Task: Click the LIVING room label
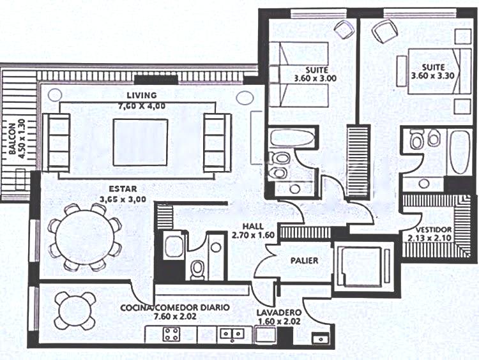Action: (x=142, y=95)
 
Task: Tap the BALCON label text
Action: (x=12, y=139)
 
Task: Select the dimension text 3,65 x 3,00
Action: (x=123, y=199)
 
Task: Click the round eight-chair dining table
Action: (x=86, y=237)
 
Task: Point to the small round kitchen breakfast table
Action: (x=75, y=311)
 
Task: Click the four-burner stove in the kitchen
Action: (x=171, y=334)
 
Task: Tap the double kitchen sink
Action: (x=232, y=333)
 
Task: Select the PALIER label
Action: (x=304, y=260)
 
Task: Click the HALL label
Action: (x=253, y=226)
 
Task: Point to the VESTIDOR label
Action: (x=434, y=230)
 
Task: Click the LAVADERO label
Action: (x=279, y=313)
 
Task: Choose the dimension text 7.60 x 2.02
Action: (x=175, y=317)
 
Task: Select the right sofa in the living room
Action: (x=218, y=142)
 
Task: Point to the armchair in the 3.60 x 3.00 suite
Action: (x=344, y=29)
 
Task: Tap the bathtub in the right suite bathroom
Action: (x=459, y=151)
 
